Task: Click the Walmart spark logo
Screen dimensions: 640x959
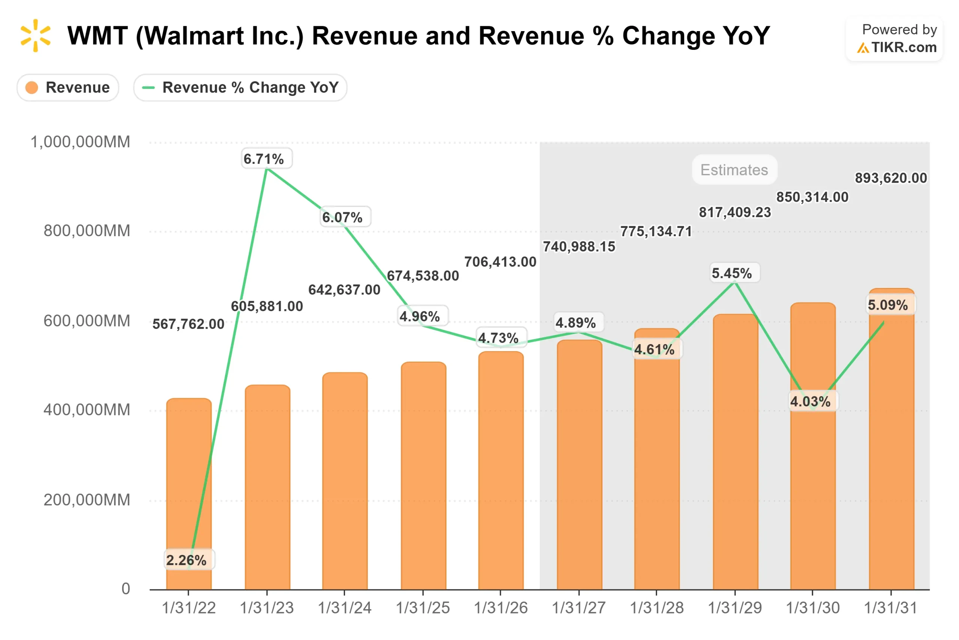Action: coord(36,36)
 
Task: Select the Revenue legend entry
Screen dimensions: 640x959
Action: coord(68,87)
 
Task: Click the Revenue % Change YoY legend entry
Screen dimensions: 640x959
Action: coord(240,87)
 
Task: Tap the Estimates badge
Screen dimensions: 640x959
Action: coord(734,170)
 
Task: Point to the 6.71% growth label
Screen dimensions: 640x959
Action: coord(263,159)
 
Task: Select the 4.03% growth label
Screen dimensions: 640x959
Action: coord(810,401)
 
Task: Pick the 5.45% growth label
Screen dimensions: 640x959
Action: coord(732,273)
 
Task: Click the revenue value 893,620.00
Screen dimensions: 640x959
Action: coord(890,178)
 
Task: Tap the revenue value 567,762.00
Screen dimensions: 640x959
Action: coord(188,324)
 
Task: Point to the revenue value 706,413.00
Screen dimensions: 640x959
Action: coord(500,262)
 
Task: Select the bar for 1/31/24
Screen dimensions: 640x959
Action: coord(345,482)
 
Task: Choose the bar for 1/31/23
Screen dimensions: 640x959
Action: coord(267,488)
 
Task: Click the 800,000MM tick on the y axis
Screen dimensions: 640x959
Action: coord(87,231)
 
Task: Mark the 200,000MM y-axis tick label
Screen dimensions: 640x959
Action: coord(87,500)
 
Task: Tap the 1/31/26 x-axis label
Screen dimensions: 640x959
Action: coord(501,608)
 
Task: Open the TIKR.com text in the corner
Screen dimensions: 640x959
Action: coord(904,48)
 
